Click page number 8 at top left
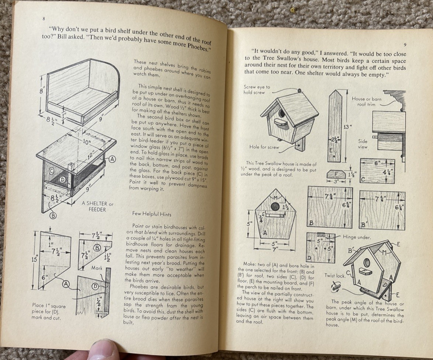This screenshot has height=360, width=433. (44, 19)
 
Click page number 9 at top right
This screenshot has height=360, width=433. (405, 45)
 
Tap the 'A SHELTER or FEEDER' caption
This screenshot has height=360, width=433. (97, 206)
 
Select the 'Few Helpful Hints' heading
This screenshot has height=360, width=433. (152, 214)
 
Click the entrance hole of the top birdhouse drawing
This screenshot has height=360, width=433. (282, 113)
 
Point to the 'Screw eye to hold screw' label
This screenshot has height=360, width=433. (257, 90)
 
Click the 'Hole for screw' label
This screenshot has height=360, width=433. (264, 147)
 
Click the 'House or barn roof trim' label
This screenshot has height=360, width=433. (367, 102)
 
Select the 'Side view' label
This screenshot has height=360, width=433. (363, 144)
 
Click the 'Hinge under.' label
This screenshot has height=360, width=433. (357, 237)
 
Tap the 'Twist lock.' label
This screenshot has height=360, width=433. (335, 275)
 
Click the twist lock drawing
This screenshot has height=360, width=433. (336, 287)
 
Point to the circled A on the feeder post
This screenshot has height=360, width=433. (112, 159)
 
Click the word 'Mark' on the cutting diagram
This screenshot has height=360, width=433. (97, 268)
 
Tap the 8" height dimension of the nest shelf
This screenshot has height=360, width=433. (41, 91)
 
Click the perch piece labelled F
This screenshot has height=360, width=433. (336, 174)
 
